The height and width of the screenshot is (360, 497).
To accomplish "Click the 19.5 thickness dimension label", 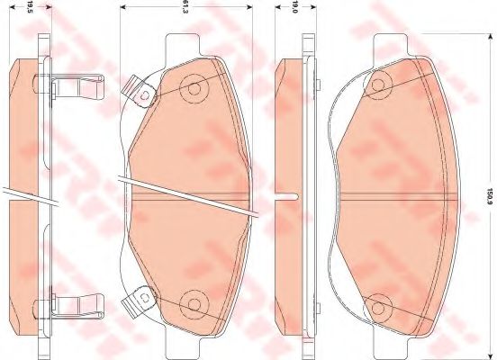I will pos(31,10).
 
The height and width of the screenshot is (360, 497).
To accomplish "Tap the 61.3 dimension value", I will pos(185,10).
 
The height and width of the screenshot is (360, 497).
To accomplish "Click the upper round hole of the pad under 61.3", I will pos(192,89).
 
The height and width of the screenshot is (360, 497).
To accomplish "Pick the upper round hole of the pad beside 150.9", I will pos(379,85).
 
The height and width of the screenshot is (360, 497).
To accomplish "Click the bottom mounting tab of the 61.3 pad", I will pos(191,343).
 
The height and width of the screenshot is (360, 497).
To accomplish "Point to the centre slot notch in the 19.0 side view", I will pos(286,195).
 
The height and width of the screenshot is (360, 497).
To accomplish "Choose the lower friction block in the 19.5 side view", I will pos(22,261).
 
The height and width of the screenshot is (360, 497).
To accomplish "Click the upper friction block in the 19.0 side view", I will pos(292,126).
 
